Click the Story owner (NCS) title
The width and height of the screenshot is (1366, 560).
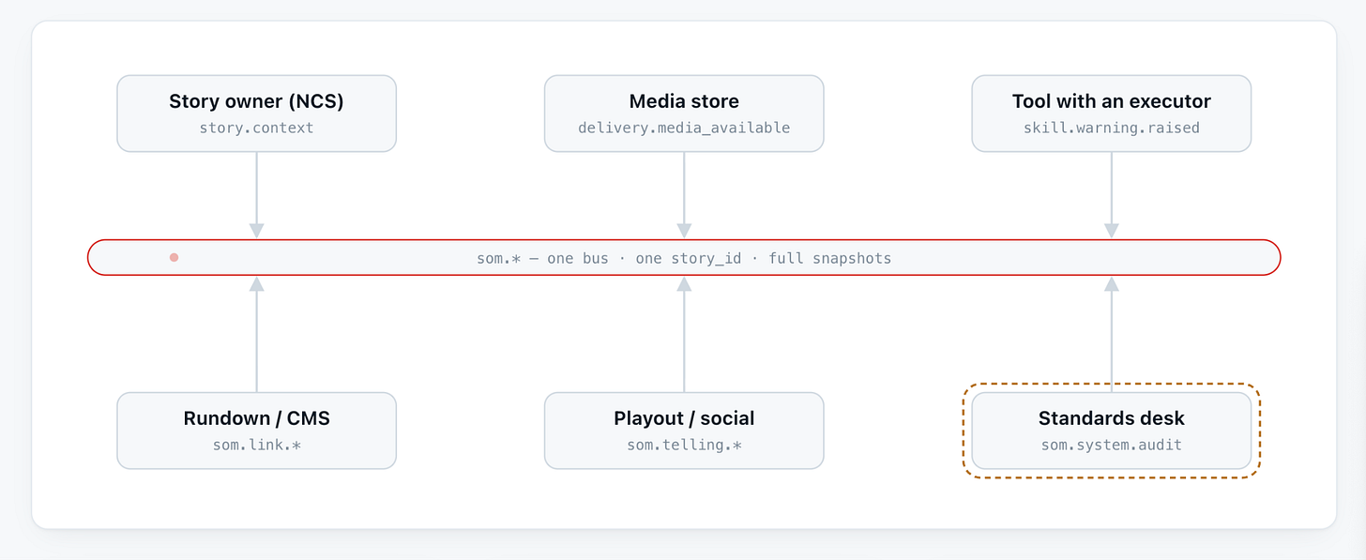coord(256,101)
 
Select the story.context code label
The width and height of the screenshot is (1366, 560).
coord(256,128)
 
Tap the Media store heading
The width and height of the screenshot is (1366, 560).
coord(684,101)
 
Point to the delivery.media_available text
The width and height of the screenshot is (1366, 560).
coord(684,128)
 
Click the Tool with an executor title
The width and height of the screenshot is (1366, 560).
coord(1111,101)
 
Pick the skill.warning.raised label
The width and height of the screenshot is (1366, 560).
coord(1111,128)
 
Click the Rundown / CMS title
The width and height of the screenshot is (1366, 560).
coord(256,418)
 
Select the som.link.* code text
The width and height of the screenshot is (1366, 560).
coord(256,445)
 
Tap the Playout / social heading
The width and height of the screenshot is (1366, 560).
coord(684,418)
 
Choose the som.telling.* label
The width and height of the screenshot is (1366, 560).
coord(684,445)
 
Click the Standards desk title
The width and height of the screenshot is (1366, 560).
coord(1111,418)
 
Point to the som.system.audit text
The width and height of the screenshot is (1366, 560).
coord(1111,445)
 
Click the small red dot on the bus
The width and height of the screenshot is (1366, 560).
coord(174,257)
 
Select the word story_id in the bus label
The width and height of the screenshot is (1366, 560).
coord(706,259)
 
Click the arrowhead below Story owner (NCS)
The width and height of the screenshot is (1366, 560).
coord(257,231)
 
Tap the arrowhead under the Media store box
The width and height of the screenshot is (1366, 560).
coord(684,231)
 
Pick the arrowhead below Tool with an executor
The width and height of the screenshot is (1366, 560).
coord(1112,231)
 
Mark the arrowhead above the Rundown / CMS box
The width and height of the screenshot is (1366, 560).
coord(257,283)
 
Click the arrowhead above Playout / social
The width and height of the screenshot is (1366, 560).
coord(684,283)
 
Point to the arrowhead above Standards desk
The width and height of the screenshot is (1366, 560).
coord(1112,283)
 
